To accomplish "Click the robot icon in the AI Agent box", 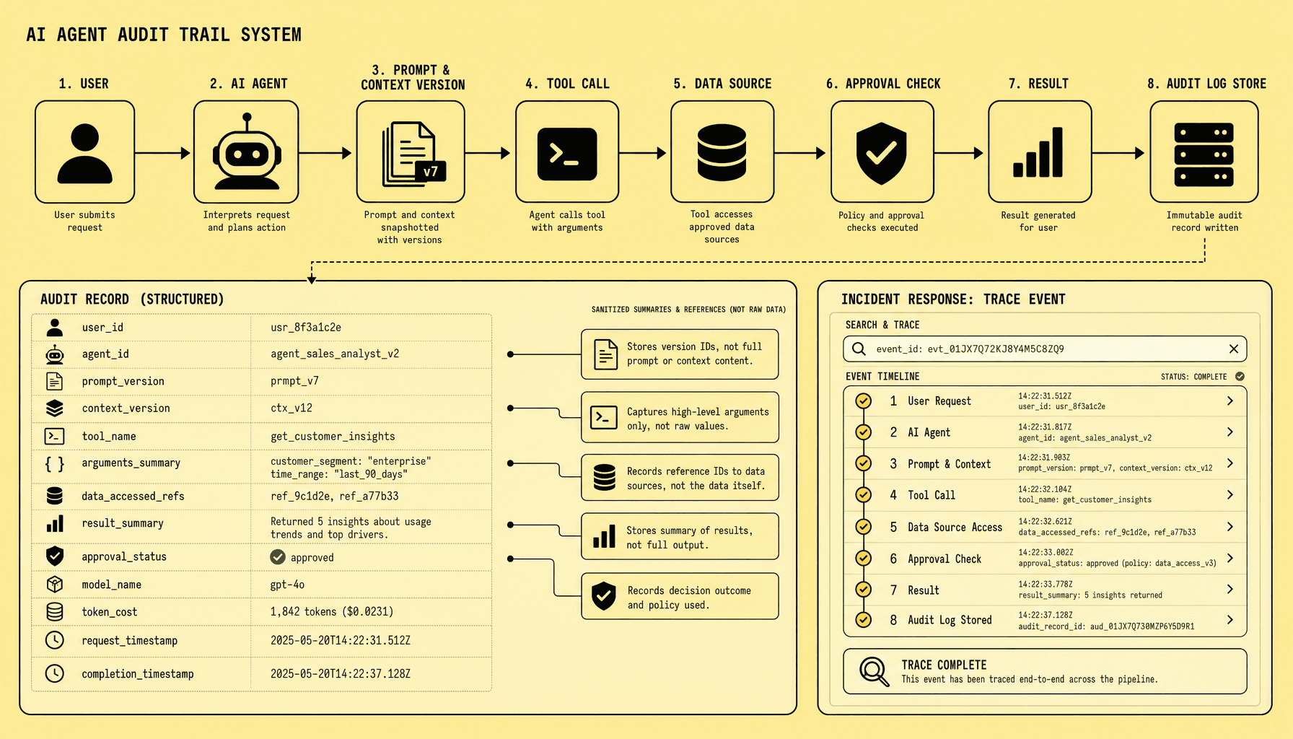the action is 247,152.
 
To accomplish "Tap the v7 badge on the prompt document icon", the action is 431,171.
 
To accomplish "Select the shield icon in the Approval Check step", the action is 881,153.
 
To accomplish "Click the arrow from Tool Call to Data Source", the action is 642,153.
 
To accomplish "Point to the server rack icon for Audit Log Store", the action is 1204,154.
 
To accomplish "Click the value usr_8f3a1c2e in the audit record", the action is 306,327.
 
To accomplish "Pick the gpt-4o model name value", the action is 287,585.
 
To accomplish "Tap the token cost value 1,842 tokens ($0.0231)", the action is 332,611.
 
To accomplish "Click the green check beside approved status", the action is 278,557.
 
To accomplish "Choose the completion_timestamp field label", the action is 138,673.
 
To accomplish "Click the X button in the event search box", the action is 1234,349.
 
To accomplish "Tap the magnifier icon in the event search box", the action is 859,349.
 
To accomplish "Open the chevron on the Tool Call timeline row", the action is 1230,494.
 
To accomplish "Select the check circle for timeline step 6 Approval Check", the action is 863,558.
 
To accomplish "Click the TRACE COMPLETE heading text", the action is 944,665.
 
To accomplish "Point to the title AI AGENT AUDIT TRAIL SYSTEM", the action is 164,35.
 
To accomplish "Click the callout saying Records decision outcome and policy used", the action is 680,597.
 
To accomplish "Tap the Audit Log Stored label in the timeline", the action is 950,620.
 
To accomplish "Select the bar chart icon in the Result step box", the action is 1038,152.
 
